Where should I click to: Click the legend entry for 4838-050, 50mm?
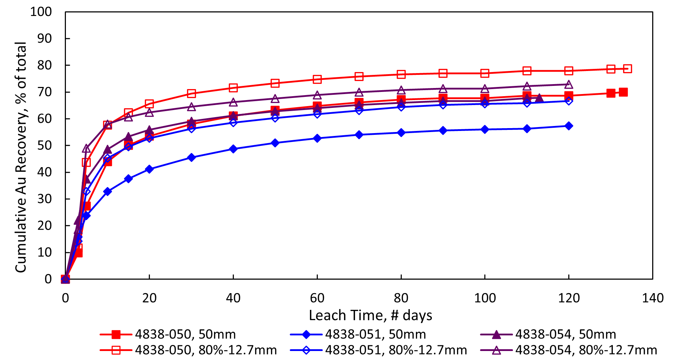coord(185,334)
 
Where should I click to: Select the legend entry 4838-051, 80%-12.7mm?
coord(396,350)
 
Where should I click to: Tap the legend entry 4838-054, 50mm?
coord(565,334)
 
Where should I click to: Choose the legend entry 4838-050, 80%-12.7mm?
coord(205,350)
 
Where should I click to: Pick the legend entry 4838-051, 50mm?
coord(375,334)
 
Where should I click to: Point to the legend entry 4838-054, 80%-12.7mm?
coord(586,350)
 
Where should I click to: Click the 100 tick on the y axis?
coord(41,12)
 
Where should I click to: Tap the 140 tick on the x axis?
coord(653,298)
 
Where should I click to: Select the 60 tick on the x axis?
coord(317,298)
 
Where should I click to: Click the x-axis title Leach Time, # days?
coord(371,315)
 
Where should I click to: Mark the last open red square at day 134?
coord(627,69)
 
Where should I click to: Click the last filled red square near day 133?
coord(623,92)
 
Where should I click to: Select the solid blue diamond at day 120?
coord(569,126)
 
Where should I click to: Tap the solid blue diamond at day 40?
coord(233,149)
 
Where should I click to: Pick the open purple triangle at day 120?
coord(569,84)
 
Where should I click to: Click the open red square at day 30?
coord(191,94)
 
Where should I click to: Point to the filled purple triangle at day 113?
coord(539,98)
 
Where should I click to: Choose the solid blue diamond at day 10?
coord(107,192)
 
